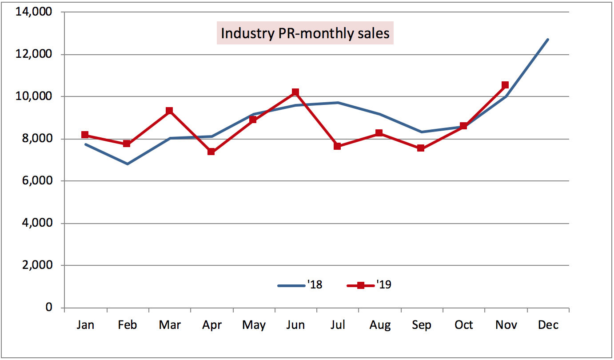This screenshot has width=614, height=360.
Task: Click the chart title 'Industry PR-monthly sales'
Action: click(x=305, y=34)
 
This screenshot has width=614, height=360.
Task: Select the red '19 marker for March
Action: click(x=169, y=111)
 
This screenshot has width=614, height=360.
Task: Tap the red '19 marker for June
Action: click(x=295, y=92)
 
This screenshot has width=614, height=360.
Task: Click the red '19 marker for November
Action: click(x=505, y=85)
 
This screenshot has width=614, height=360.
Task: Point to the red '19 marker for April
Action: click(x=211, y=152)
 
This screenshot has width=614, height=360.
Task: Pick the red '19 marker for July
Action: click(x=337, y=146)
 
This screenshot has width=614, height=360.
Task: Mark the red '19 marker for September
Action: click(x=421, y=148)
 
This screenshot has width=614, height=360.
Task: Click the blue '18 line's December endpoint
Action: click(x=548, y=40)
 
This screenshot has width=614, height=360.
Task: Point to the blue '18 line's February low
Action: click(x=128, y=164)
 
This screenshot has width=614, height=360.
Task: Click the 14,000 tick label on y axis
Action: click(x=34, y=12)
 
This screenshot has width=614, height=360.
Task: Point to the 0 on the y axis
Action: click(x=48, y=308)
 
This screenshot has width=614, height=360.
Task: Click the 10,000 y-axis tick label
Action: click(x=34, y=96)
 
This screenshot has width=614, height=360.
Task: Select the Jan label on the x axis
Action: click(x=85, y=325)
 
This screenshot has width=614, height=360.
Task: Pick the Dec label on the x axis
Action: click(x=548, y=325)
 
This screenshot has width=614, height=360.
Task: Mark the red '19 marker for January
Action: click(x=85, y=135)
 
